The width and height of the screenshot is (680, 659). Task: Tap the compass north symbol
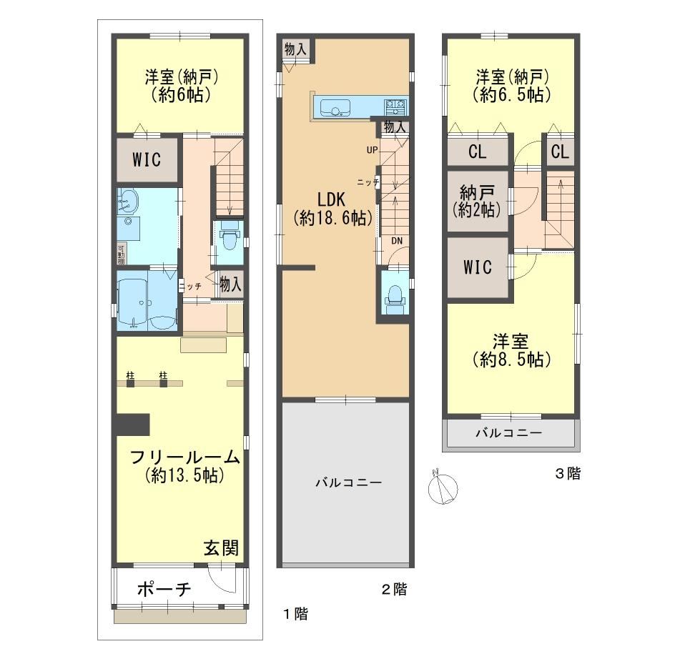coord(443,487)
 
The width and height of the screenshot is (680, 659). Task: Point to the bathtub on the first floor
coord(147,302)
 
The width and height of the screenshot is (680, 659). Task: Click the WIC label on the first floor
coord(147,160)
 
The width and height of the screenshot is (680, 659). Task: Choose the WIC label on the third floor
coord(478,267)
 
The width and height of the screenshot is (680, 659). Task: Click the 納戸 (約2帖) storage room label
coord(477,201)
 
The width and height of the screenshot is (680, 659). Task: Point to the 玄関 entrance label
coord(221,548)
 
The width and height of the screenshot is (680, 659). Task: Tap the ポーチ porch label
coord(164,589)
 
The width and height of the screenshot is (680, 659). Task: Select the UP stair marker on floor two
coord(372,150)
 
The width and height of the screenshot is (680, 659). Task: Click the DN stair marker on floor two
coord(397,241)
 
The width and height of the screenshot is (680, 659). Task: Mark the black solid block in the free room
coord(133,425)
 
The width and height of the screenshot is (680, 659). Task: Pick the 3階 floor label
coord(568,473)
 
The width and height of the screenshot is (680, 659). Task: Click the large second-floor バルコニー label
coord(349,482)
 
